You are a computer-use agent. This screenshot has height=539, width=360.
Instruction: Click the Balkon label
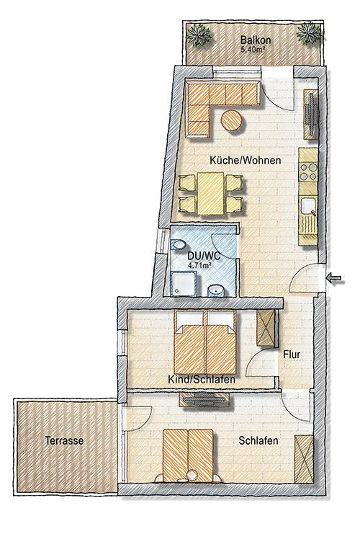click(x=256, y=40)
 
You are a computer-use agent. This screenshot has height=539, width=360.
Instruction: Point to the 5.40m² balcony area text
click(x=253, y=49)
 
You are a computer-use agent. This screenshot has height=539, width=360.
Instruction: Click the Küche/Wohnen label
click(x=246, y=160)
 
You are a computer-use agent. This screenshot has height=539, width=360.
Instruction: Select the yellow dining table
click(x=210, y=194)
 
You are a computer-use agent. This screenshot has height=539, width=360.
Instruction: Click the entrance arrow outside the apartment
click(x=335, y=279)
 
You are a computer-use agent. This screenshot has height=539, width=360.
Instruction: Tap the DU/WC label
click(x=204, y=256)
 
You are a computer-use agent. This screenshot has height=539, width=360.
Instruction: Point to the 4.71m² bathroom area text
click(x=199, y=265)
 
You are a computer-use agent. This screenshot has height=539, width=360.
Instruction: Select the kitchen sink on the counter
click(x=308, y=207)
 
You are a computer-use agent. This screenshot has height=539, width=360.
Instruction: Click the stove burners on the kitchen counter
click(x=308, y=171)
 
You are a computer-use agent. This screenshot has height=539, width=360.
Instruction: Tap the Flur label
click(x=292, y=355)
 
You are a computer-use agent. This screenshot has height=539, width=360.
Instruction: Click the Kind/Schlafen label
click(x=202, y=380)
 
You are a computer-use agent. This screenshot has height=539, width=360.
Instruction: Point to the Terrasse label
click(x=65, y=440)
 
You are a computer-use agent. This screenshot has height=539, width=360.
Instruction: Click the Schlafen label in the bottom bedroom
click(x=258, y=441)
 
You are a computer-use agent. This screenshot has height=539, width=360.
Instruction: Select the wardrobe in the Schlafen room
click(x=304, y=459)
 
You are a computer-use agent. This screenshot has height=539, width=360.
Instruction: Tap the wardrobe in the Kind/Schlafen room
click(x=266, y=328)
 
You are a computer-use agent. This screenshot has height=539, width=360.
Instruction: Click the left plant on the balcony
click(x=199, y=35)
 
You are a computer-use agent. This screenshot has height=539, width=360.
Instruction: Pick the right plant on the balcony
click(x=309, y=33)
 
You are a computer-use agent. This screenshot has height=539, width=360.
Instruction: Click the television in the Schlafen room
click(x=204, y=399)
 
